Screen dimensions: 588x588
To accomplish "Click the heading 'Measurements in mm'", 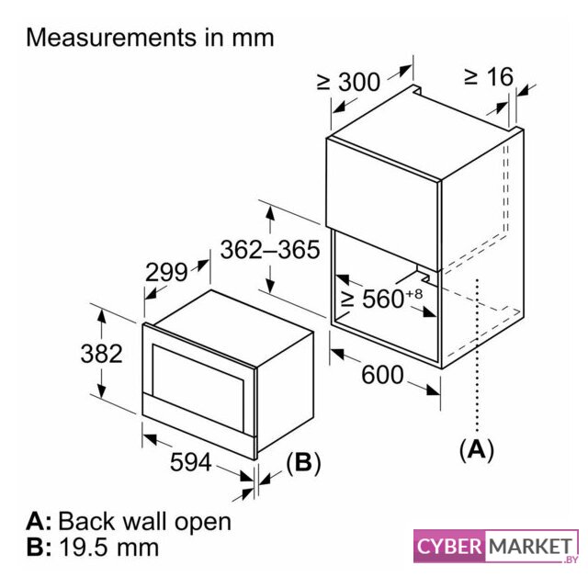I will pyautogui.click(x=151, y=38).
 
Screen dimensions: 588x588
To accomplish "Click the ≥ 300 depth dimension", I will pyautogui.click(x=348, y=81).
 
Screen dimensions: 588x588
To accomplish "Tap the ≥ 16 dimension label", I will pyautogui.click(x=488, y=76).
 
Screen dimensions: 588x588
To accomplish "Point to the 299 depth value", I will pyautogui.click(x=165, y=272).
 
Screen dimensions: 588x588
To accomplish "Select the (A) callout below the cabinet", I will pyautogui.click(x=476, y=448).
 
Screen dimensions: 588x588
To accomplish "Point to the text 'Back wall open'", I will pyautogui.click(x=144, y=521).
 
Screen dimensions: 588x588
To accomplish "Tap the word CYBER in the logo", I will pyautogui.click(x=449, y=547).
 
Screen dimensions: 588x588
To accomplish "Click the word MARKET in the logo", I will pyautogui.click(x=529, y=547).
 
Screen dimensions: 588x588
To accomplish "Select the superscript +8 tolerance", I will pyautogui.click(x=413, y=292).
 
